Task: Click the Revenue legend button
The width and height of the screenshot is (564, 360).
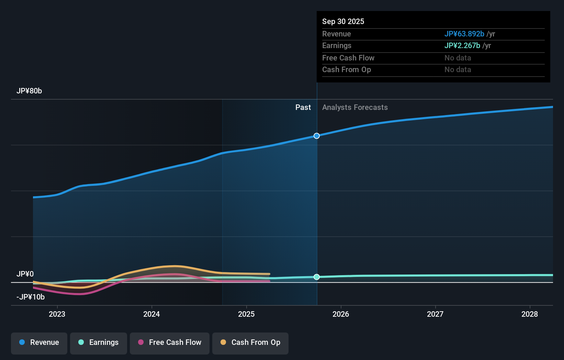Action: click(39, 343)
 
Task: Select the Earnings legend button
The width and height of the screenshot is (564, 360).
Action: click(98, 343)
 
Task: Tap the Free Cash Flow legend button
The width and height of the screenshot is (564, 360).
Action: click(169, 343)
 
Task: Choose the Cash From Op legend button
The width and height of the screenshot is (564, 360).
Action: click(250, 343)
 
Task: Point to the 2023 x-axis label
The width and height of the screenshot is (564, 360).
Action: click(57, 314)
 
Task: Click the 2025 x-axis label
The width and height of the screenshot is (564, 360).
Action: click(246, 314)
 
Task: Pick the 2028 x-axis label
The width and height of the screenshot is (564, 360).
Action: click(529, 314)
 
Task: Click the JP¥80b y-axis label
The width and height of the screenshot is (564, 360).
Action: click(29, 91)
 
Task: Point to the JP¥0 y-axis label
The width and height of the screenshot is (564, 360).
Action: click(25, 274)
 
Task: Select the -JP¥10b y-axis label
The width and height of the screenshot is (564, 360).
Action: click(31, 297)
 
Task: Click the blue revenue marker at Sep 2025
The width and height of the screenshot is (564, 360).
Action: click(317, 136)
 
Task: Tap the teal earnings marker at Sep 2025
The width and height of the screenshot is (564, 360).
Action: click(317, 277)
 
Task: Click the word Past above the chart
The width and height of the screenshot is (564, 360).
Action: click(303, 108)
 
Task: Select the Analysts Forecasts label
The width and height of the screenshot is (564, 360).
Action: click(355, 108)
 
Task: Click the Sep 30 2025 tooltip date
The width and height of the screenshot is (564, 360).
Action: click(343, 21)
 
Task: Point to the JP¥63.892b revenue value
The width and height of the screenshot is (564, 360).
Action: click(464, 34)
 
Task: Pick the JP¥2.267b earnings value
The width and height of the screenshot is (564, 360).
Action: click(462, 46)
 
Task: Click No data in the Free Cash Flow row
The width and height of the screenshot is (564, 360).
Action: click(458, 58)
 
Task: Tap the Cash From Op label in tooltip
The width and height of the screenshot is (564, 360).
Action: click(346, 70)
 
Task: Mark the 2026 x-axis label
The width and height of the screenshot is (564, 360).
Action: click(341, 314)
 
